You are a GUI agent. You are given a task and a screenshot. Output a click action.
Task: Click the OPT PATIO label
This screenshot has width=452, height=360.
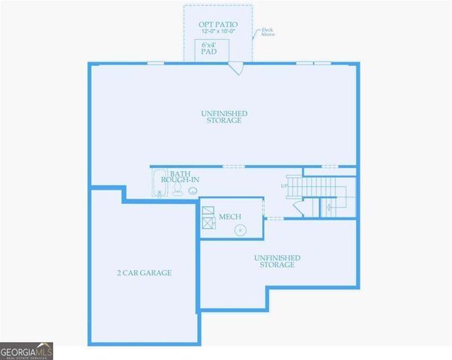[218, 24]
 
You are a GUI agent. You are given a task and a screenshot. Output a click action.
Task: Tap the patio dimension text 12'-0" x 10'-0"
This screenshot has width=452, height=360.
[218, 31]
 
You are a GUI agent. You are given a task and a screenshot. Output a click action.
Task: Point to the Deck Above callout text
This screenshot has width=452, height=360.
[268, 32]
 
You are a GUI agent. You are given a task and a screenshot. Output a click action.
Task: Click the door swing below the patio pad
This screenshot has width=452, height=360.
[237, 68]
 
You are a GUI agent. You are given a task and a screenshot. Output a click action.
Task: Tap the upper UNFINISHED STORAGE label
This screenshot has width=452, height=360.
[223, 117]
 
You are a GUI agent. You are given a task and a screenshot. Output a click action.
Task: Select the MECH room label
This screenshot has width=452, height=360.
[229, 217]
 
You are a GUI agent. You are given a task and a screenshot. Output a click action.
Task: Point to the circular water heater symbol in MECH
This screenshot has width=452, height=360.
[239, 230]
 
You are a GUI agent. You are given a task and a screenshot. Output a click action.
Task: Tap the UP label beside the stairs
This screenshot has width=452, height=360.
[284, 185]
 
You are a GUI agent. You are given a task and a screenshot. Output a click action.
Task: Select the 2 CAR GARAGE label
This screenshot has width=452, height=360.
[144, 273]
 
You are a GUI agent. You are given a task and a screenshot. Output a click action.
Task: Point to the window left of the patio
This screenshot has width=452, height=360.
[155, 63]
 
